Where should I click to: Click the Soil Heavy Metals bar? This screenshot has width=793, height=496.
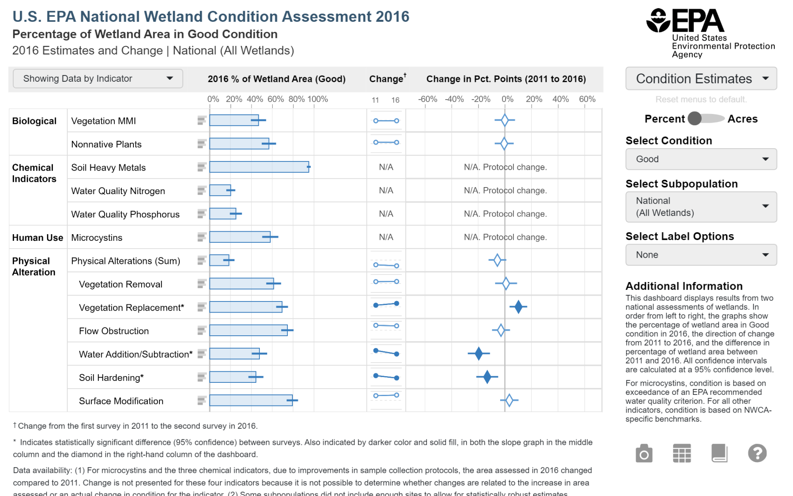coord(259,167)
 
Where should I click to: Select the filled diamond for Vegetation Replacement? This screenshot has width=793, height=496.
coord(518,307)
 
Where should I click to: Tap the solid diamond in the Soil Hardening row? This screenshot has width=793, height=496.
coord(487,377)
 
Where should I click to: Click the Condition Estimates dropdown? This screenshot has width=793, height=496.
coord(701,78)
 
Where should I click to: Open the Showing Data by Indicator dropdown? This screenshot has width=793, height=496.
coord(98,78)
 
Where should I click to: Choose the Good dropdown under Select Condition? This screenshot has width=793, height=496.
coord(701,159)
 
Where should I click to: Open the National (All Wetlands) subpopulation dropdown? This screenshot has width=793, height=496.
coord(701,206)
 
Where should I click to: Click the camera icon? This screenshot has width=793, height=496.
coord(644,453)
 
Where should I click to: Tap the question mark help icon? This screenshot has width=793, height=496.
coord(757,453)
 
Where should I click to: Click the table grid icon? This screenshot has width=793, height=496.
coord(681,453)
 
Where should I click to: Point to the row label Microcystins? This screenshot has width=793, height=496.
coord(97,238)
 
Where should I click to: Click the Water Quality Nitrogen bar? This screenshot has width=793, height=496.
coord(220,190)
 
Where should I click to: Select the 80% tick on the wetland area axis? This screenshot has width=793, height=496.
coord(296,100)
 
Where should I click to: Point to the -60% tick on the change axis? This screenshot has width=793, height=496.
coord(427,100)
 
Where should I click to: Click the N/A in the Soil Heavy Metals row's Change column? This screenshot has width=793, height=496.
coord(386,167)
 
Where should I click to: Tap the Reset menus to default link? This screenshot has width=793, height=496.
coord(701,100)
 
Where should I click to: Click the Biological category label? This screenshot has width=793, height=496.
coord(34,121)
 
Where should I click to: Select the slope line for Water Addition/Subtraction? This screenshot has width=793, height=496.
coord(386,352)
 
